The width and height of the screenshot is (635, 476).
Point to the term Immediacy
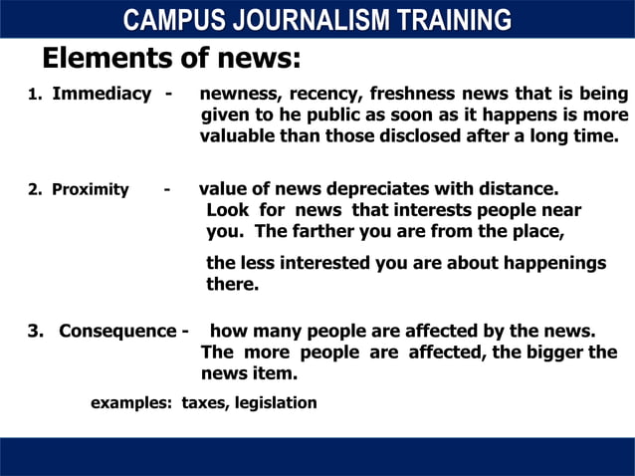tap(102, 95)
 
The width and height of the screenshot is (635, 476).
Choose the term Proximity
tap(91, 189)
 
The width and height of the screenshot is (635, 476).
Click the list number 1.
tap(33, 96)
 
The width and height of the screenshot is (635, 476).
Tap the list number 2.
tap(33, 189)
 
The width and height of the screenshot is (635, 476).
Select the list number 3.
tap(34, 331)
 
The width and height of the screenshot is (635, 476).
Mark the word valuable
tap(238, 136)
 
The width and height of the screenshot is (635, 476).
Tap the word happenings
tap(553, 263)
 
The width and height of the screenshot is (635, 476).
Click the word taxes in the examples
tap(203, 403)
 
